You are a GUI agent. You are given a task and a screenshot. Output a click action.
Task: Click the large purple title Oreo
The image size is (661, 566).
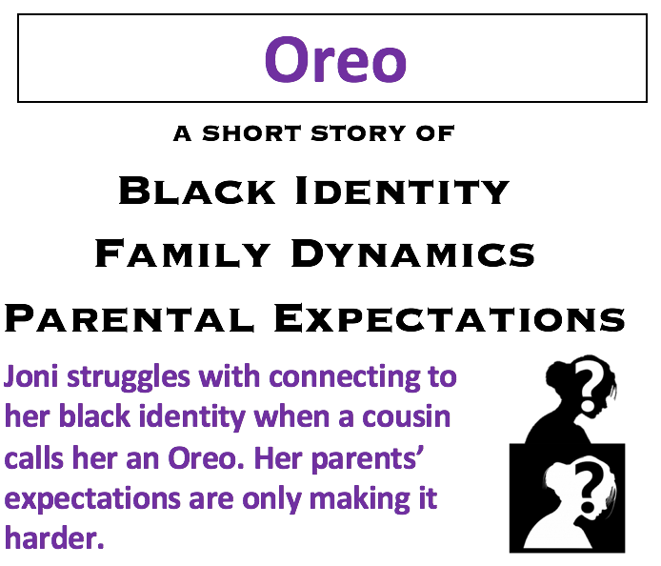(x=335, y=59)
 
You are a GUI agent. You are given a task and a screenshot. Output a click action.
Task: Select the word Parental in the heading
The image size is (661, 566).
(x=130, y=317)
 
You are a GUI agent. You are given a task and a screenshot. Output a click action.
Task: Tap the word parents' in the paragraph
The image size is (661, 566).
(x=371, y=458)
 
